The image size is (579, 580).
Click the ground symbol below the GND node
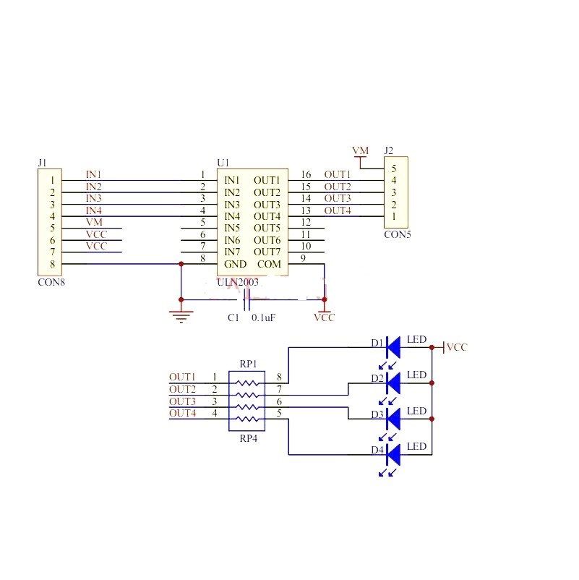tap(181, 316)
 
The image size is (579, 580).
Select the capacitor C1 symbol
tap(246, 299)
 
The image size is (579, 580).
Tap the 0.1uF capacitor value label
tap(263, 317)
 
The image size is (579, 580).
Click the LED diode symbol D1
tap(393, 347)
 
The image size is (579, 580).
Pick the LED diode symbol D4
tap(393, 455)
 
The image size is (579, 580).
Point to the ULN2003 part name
tap(238, 283)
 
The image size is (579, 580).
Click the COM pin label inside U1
tap(269, 264)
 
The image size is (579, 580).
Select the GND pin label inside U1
tap(235, 264)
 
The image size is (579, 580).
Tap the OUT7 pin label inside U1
tap(267, 252)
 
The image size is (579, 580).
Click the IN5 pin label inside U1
tap(232, 228)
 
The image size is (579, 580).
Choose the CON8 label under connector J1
tap(51, 282)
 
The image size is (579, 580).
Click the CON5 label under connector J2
tap(398, 234)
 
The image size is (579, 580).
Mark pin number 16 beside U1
tap(306, 174)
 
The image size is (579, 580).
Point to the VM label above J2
tap(360, 150)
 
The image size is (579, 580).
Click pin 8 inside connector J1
tap(53, 264)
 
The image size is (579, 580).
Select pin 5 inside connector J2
tap(394, 169)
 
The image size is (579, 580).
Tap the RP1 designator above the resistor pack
tap(248, 364)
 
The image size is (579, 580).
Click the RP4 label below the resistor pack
tap(248, 438)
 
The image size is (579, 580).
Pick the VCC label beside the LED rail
tap(457, 347)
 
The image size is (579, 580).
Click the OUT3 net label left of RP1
tap(182, 401)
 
